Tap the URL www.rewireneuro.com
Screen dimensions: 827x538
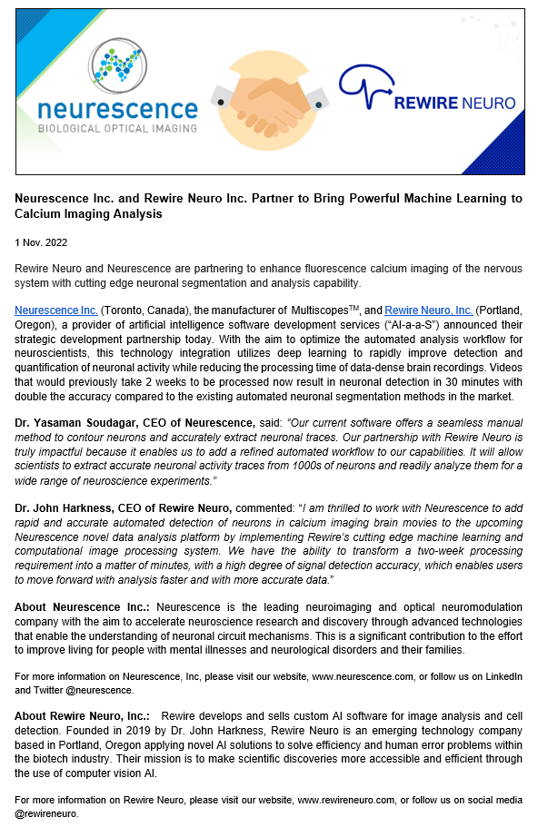(349, 800)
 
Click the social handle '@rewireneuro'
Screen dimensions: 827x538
(47, 813)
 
